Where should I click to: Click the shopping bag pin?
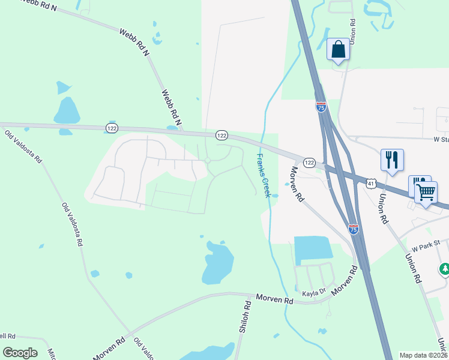click(x=338, y=50)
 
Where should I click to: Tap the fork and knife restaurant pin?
click(x=392, y=160)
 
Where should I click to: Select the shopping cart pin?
click(x=426, y=193)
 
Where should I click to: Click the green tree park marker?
click(x=445, y=269)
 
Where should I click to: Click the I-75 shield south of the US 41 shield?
click(x=353, y=229)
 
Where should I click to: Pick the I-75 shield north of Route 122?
click(x=321, y=107)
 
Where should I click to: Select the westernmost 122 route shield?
click(x=112, y=128)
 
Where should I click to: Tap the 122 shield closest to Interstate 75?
click(x=309, y=163)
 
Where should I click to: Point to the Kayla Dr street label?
click(x=313, y=292)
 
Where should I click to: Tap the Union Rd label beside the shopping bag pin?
click(x=354, y=30)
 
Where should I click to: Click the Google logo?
click(x=20, y=353)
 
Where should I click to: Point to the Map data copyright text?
click(x=423, y=355)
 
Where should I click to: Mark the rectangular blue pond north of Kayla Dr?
click(x=313, y=248)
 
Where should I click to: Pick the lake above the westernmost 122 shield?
click(x=67, y=110)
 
